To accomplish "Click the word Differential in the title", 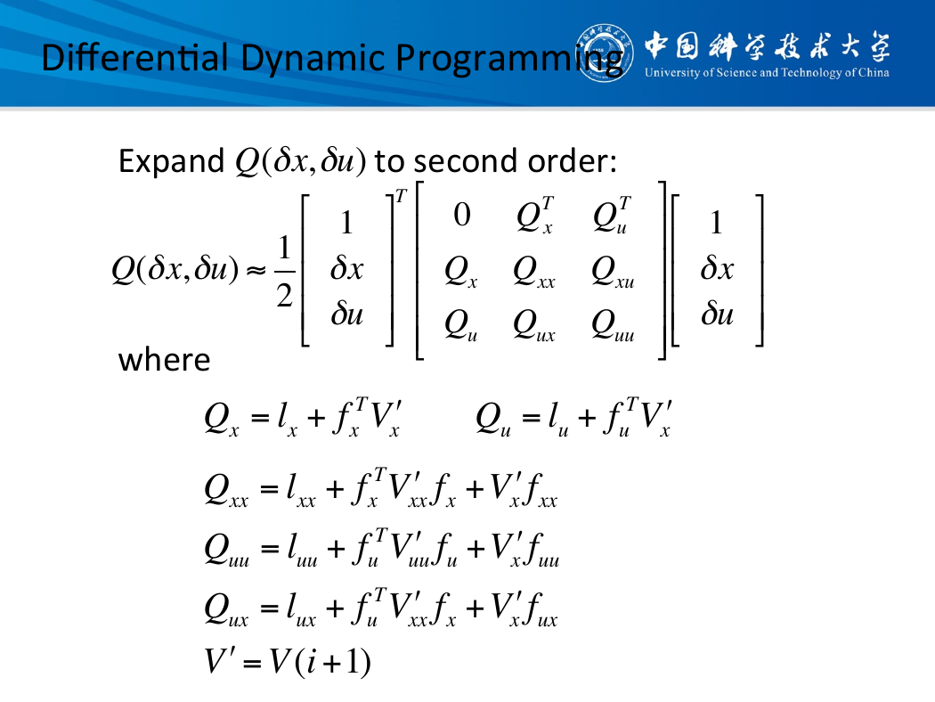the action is pyautogui.click(x=135, y=58).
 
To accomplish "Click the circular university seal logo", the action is pyautogui.click(x=604, y=53).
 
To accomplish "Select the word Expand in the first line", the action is pyautogui.click(x=171, y=161).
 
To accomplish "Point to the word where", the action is pyautogui.click(x=165, y=360).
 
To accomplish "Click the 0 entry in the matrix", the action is pyautogui.click(x=461, y=215).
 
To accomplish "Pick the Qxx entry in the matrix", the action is pyautogui.click(x=533, y=272).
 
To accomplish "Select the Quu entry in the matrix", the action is pyautogui.click(x=613, y=326).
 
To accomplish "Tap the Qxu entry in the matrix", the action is pyautogui.click(x=613, y=272).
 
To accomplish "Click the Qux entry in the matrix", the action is pyautogui.click(x=533, y=326).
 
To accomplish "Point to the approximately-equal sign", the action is pyautogui.click(x=256, y=272).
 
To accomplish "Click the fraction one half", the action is pyautogui.click(x=284, y=272).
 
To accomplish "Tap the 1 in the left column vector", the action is pyautogui.click(x=346, y=223).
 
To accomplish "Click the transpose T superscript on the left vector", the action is pyautogui.click(x=401, y=196).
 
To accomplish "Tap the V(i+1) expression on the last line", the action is pyautogui.click(x=320, y=662).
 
